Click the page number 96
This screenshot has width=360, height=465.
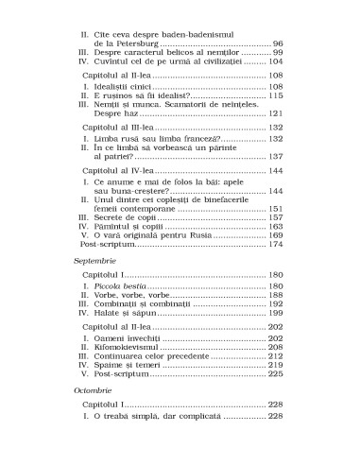pyautogui.click(x=278, y=43)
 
